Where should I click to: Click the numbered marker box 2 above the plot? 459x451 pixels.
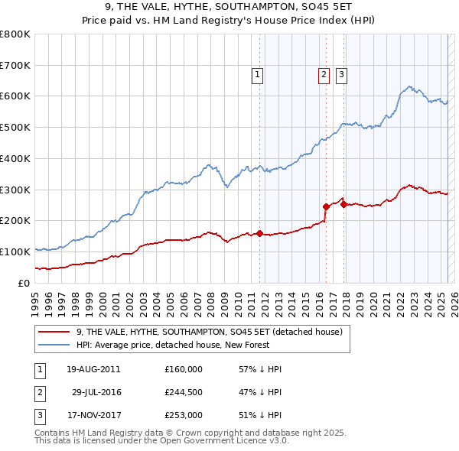pyautogui.click(x=324, y=75)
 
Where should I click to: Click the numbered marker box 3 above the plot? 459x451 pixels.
pyautogui.click(x=340, y=75)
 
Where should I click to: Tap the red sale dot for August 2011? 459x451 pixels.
pyautogui.click(x=259, y=233)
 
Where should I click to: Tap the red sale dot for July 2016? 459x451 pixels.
pyautogui.click(x=326, y=206)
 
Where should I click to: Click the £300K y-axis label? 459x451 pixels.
pyautogui.click(x=15, y=190)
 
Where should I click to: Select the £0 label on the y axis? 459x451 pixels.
pyautogui.click(x=24, y=283)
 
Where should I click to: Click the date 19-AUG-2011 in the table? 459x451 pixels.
pyautogui.click(x=93, y=369)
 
